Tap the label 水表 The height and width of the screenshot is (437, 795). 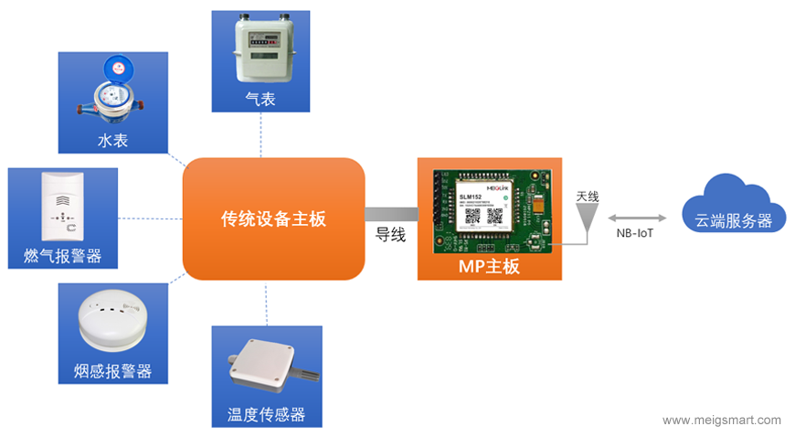coord(114,141)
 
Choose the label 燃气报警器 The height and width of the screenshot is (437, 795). coord(62,257)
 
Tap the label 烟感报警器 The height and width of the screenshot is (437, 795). coord(112,371)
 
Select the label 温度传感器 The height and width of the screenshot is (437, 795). coord(266,415)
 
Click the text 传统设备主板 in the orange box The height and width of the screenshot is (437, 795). coord(273,219)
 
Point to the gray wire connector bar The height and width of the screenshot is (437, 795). coord(391,214)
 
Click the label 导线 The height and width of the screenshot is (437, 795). coord(390,235)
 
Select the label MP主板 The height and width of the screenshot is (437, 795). coord(489,267)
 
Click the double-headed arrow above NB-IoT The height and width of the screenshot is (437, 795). coord(634,218)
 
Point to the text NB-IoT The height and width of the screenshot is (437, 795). coord(635,234)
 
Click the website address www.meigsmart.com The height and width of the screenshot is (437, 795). coord(721,421)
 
